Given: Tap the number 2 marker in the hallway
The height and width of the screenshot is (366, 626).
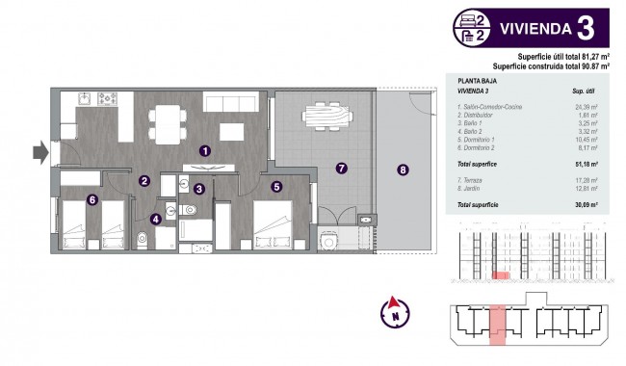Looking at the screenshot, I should [143, 180].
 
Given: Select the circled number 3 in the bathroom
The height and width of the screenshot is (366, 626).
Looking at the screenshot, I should [198, 190].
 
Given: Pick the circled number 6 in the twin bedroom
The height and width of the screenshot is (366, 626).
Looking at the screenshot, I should [92, 200].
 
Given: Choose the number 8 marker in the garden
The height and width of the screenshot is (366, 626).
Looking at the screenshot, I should [403, 170].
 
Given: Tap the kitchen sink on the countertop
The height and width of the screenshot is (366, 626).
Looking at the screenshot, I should [84, 97].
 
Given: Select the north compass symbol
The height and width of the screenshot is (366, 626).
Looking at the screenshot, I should [393, 312].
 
